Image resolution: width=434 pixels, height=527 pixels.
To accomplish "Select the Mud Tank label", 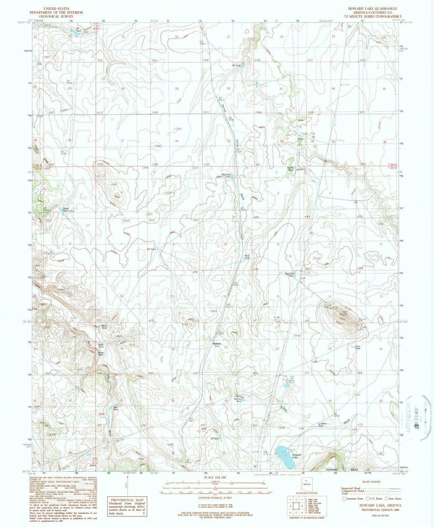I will (x=247, y=257).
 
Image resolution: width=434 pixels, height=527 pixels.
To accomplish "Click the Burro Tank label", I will (x=101, y=354).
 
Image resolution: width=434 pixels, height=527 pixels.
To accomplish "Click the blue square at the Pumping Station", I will (x=292, y=377).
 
